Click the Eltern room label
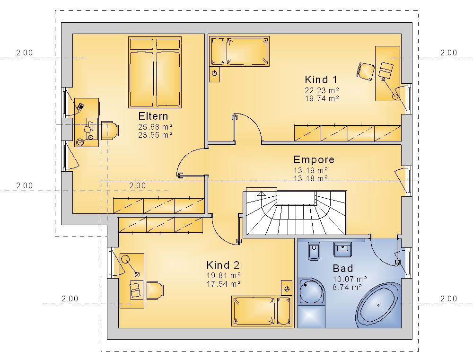point(153,116)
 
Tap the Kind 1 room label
point(321,79)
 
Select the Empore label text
point(314,159)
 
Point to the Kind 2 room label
point(223,265)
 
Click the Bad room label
point(343,268)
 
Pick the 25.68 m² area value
point(155,127)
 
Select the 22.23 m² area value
point(322,90)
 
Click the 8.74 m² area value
point(347,287)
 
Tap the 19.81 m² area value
point(224,275)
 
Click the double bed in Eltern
point(155,72)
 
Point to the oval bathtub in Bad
point(378,305)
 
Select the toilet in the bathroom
point(314,251)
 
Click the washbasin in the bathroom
point(342,250)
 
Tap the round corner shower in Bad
point(311,291)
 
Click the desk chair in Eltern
point(109,131)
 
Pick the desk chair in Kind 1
point(366,71)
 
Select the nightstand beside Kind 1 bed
point(214,74)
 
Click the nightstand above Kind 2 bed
point(287,288)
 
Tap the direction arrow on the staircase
point(261,194)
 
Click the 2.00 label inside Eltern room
point(137,185)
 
